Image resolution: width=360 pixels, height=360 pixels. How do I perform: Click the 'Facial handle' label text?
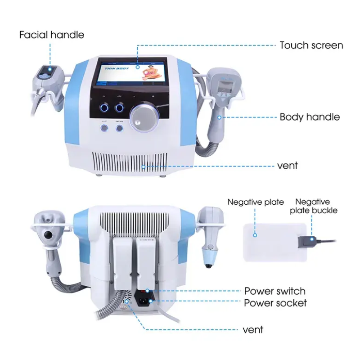point(52,35)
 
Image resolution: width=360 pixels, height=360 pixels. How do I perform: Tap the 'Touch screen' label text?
point(311,45)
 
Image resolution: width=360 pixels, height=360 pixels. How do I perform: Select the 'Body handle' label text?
point(309,117)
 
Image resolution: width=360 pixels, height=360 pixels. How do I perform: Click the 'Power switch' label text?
point(274,291)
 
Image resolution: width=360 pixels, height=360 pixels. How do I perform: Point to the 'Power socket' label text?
point(275,303)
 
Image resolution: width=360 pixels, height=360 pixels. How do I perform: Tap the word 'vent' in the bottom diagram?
point(252,330)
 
